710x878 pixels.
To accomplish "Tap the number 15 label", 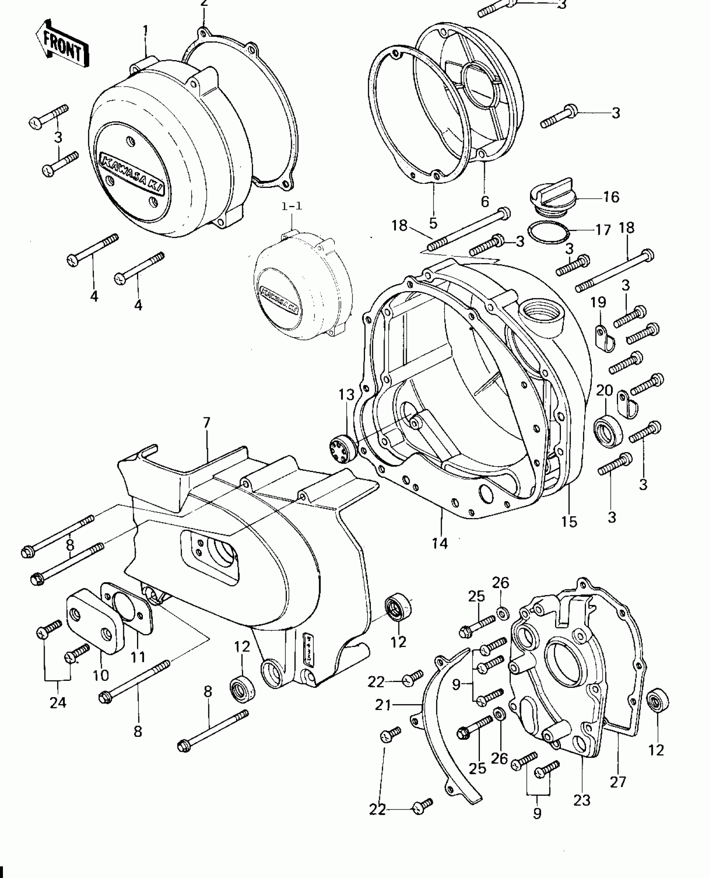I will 569,521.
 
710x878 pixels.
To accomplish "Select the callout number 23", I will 582,800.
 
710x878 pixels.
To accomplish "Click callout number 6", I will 484,201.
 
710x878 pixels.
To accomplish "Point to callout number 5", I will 433,223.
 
